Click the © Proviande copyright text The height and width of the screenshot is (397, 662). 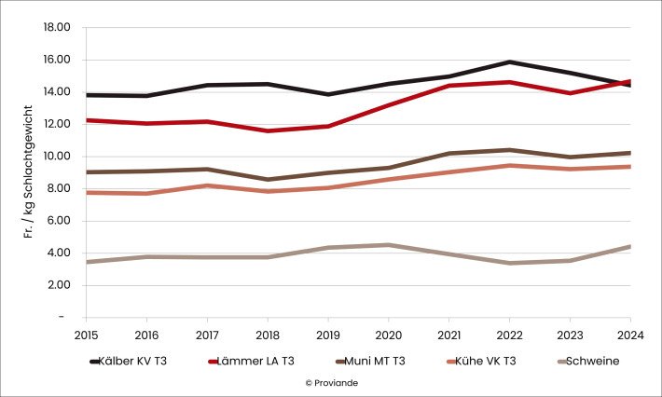click(x=331, y=382)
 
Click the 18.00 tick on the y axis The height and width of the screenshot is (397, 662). click(x=57, y=27)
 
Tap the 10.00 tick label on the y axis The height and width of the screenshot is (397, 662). click(x=57, y=156)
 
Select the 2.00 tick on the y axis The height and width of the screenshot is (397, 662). click(x=60, y=284)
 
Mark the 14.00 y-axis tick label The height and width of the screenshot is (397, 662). click(x=57, y=91)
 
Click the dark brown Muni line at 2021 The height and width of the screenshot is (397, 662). click(x=449, y=153)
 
